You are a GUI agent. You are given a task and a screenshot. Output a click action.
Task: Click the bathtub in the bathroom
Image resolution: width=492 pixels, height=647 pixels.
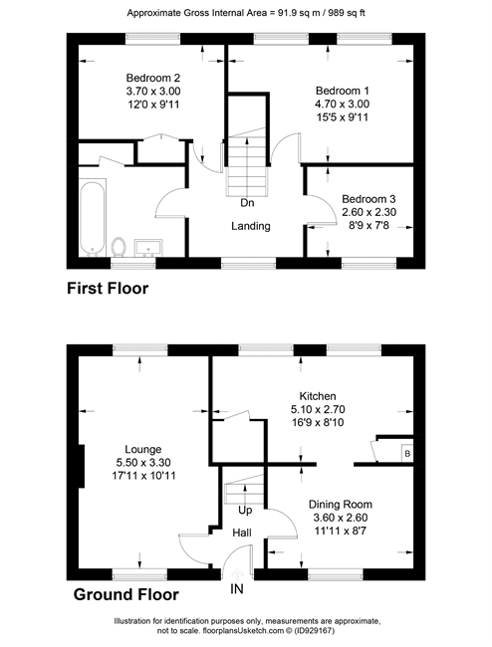click(x=93, y=217)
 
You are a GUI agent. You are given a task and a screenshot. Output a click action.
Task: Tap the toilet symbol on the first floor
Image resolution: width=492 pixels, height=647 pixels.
click(x=119, y=247)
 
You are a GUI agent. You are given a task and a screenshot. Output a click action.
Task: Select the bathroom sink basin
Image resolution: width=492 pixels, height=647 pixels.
click(x=148, y=248)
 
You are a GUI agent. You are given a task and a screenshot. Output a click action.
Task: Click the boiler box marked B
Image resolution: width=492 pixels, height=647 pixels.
click(x=407, y=454)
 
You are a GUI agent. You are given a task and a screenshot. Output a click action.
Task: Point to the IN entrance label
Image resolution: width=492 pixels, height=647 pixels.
click(x=236, y=589)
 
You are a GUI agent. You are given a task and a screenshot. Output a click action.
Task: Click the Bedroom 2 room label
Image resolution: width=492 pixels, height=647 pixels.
click(x=153, y=78)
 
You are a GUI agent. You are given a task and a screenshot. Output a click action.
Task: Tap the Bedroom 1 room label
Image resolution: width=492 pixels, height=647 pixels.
click(x=343, y=91)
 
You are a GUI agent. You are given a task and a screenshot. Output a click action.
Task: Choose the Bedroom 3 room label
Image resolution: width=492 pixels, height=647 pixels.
click(x=369, y=199)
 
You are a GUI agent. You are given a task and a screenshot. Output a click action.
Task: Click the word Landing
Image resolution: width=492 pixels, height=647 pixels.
click(x=251, y=226)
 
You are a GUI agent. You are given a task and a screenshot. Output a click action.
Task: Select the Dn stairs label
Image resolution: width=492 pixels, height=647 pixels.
click(x=247, y=203)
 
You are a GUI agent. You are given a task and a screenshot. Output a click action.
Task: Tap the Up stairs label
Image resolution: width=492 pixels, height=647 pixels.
click(x=245, y=511)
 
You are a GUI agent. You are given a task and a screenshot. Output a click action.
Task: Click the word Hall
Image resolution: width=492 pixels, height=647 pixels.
click(x=242, y=533)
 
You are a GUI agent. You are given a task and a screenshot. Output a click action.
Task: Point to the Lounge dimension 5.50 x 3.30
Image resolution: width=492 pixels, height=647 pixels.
click(x=143, y=463)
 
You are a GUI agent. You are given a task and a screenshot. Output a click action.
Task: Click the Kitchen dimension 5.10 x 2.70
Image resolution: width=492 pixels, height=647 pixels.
click(x=318, y=409)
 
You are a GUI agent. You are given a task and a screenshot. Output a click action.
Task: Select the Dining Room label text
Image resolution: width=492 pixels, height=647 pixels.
click(x=341, y=505)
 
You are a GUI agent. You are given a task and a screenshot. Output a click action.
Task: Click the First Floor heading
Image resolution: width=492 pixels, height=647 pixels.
click(x=108, y=288)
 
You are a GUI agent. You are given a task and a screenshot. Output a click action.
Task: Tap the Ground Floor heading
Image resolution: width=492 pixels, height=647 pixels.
click(x=125, y=594)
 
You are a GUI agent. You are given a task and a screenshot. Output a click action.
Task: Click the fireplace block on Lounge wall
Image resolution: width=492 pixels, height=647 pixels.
click(x=82, y=466)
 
